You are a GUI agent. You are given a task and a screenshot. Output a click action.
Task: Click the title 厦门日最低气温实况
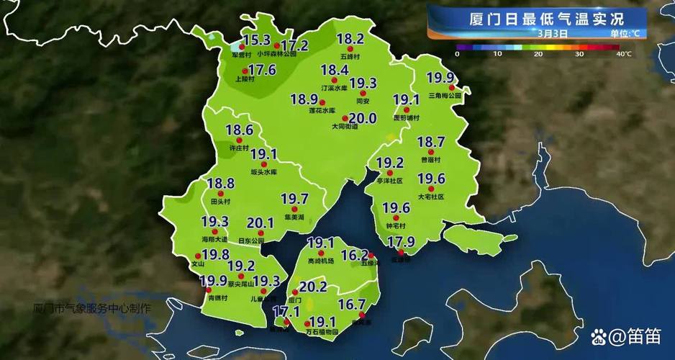[x=536, y=17]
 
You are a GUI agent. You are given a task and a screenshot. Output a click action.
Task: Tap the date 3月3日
[x=553, y=33]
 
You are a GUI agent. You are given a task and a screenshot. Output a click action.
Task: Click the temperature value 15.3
[x=256, y=40]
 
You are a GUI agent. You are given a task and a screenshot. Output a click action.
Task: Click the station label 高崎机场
[x=321, y=260]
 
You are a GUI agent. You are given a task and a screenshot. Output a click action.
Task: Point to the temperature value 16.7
[x=352, y=305]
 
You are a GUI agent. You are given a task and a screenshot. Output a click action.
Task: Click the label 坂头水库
[x=263, y=173]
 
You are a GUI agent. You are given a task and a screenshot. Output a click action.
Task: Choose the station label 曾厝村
[x=431, y=160]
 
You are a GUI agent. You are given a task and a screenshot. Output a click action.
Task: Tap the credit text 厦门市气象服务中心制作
[x=92, y=308]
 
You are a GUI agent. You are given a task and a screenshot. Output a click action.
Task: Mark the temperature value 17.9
[x=402, y=241]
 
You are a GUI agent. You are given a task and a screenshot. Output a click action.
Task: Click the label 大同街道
[x=345, y=127]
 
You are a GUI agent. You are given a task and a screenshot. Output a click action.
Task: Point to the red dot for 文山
[x=197, y=255]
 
